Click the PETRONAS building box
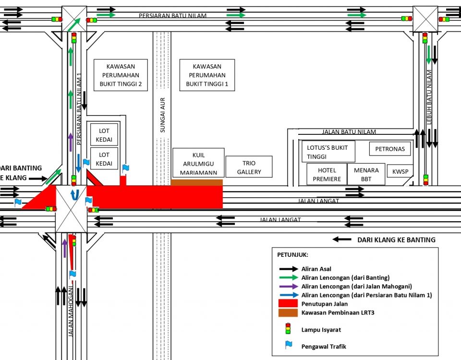pyautogui.click(x=390, y=149)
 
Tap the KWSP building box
pyautogui.click(x=400, y=171)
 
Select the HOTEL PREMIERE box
pyautogui.click(x=327, y=175)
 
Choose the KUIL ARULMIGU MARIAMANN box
pyautogui.click(x=198, y=164)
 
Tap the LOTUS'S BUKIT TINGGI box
pyautogui.click(x=328, y=152)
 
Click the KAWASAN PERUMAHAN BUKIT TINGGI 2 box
pyautogui.click(x=120, y=75)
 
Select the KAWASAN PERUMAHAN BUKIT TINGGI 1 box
pyautogui.click(x=207, y=75)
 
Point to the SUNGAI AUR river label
pyautogui.click(x=162, y=115)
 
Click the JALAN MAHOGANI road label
pyautogui.click(x=70, y=312)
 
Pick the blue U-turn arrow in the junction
pyautogui.click(x=74, y=194)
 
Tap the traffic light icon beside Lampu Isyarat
pyautogui.click(x=288, y=328)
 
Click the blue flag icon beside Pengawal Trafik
pyautogui.click(x=288, y=345)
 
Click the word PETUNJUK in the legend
pyautogui.click(x=292, y=254)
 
